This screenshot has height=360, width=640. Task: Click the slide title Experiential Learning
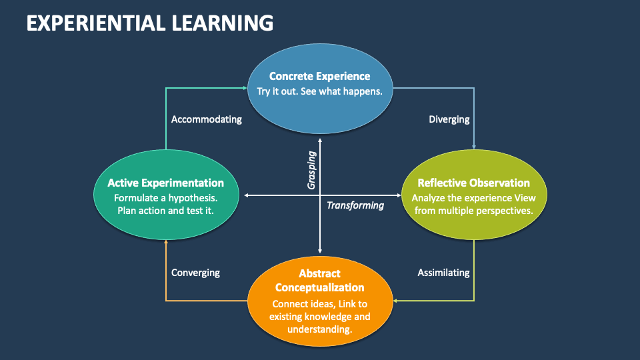[x=149, y=23]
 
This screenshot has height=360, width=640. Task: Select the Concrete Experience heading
[x=319, y=76]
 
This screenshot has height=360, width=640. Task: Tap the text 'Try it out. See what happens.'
[x=319, y=91]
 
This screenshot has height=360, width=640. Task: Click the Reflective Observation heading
[x=473, y=183]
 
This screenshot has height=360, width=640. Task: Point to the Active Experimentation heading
[x=165, y=183]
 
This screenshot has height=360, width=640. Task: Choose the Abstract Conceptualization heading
[x=319, y=281]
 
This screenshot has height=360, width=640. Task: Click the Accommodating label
[x=206, y=119]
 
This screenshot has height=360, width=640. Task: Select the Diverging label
[x=449, y=119]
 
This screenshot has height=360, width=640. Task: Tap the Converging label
[x=195, y=273]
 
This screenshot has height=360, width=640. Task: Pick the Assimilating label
[x=443, y=273]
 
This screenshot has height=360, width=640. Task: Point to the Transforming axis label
[x=355, y=205]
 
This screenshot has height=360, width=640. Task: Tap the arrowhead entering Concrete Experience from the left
[x=244, y=87]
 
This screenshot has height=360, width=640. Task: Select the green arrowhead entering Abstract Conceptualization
[x=396, y=301]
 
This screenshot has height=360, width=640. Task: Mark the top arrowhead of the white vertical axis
[x=320, y=140]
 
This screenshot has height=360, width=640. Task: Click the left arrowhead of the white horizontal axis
[x=247, y=195]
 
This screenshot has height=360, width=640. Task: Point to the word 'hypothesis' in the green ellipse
[x=193, y=198]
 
